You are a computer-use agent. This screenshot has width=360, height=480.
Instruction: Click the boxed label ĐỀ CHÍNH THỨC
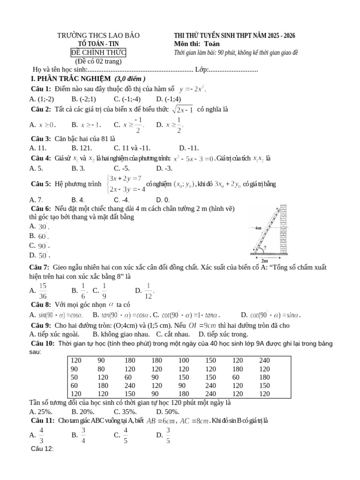[98, 52]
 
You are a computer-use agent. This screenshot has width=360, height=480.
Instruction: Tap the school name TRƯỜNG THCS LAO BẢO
[98, 36]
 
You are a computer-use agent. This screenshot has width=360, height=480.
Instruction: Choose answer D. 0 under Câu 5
[163, 200]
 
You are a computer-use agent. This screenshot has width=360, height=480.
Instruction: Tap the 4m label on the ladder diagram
[259, 228]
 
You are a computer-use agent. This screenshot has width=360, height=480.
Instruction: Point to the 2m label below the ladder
[265, 261]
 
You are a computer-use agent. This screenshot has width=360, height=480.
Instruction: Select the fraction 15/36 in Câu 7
[43, 291]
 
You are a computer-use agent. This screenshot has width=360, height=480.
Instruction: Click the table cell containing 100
[184, 360]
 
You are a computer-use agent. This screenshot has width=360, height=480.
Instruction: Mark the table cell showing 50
[75, 377]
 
